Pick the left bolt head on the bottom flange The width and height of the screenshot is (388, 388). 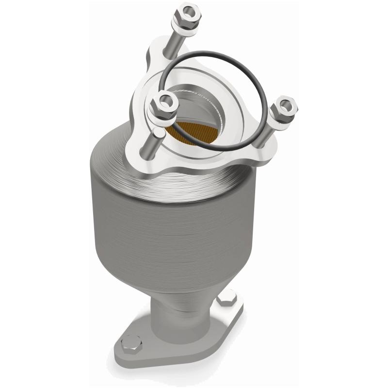(x=128, y=343)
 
